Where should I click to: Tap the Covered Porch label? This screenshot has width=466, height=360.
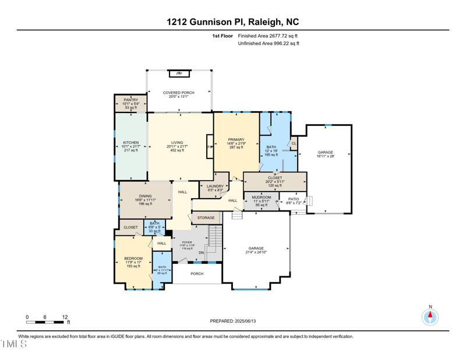pyautogui.click(x=178, y=93)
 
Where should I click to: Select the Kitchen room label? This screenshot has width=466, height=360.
pyautogui.click(x=130, y=143)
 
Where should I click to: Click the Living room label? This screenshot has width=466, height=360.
pyautogui.click(x=177, y=143)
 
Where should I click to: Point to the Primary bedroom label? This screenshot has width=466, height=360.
pyautogui.click(x=236, y=140)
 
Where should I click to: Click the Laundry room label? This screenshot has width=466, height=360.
pyautogui.click(x=215, y=186)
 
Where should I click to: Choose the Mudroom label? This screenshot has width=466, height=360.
pyautogui.click(x=262, y=197)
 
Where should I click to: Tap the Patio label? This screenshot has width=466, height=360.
pyautogui.click(x=294, y=200)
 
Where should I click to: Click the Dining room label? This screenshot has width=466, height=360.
pyautogui.click(x=145, y=196)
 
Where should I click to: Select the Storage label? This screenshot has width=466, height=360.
pyautogui.click(x=206, y=218)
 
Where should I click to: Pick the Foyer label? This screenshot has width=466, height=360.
pyautogui.click(x=187, y=242)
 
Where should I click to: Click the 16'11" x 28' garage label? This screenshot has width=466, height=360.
pyautogui.click(x=325, y=153)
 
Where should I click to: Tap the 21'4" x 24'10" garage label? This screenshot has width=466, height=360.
pyautogui.click(x=256, y=249)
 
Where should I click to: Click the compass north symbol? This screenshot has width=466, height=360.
pyautogui.click(x=430, y=316)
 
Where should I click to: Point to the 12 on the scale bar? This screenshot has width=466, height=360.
pyautogui.click(x=65, y=317)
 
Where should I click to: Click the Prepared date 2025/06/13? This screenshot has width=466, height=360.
pyautogui.click(x=232, y=321)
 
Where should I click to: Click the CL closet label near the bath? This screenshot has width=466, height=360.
pyautogui.click(x=294, y=143)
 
